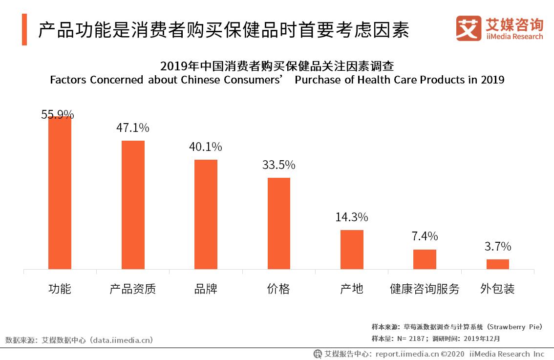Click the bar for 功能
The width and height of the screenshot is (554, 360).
(x=60, y=192)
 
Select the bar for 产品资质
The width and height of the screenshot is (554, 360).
(x=133, y=205)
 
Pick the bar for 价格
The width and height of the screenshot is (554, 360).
(x=278, y=223)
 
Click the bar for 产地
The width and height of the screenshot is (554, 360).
(x=352, y=249)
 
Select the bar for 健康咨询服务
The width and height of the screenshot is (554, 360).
(x=425, y=259)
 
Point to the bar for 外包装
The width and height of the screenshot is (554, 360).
(x=497, y=264)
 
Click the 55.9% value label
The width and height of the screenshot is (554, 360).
(x=58, y=115)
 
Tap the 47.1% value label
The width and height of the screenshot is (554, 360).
(x=132, y=128)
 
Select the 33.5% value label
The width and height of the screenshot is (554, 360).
(x=278, y=165)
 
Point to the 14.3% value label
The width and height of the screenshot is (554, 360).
(x=351, y=217)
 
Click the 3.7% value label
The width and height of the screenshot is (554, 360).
(x=497, y=246)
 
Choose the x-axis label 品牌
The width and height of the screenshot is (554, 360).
(x=206, y=289)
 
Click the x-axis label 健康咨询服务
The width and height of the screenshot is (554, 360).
(x=425, y=289)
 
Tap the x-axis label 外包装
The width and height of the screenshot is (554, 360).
(x=497, y=289)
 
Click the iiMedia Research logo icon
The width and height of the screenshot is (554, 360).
(x=468, y=28)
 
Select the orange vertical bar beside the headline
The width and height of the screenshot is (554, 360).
(x=24, y=30)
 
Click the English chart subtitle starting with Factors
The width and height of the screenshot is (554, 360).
(x=277, y=80)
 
